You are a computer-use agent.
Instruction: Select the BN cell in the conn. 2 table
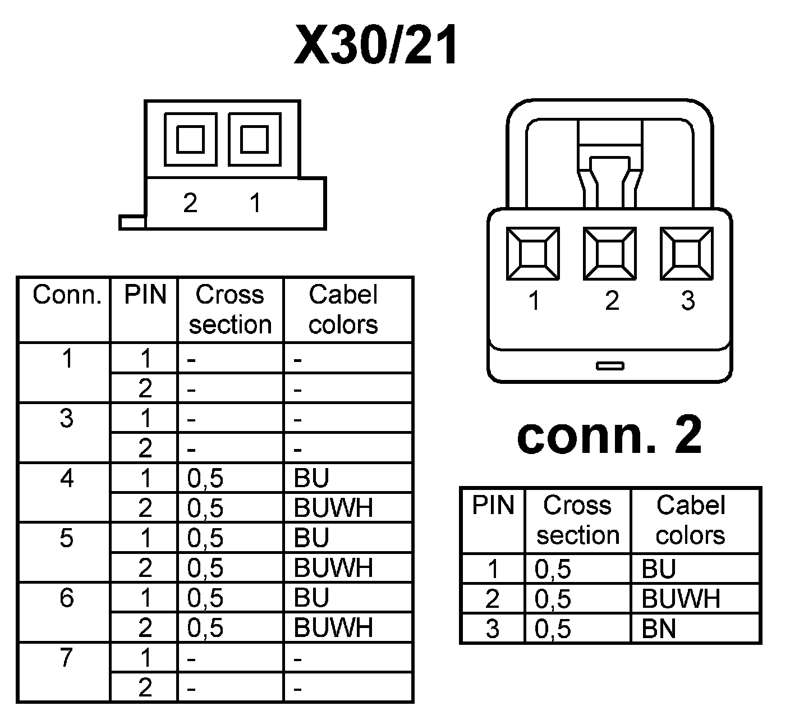[x=659, y=629]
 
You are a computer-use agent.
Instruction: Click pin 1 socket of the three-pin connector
[x=533, y=253]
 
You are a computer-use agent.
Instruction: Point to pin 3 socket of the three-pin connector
[x=687, y=253]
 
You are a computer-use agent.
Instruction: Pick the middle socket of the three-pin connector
[x=610, y=253]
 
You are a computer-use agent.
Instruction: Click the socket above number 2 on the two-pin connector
[x=190, y=139]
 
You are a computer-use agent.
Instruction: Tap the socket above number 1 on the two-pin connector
[x=254, y=139]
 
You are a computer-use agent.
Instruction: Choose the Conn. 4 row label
[x=67, y=478]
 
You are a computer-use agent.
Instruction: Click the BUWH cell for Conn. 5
[x=333, y=568]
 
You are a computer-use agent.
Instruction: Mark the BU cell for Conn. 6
[x=311, y=598]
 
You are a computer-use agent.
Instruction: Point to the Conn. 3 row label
[x=67, y=418]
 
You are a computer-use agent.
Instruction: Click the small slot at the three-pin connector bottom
[x=610, y=366]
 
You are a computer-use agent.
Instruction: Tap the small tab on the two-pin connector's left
[x=132, y=222]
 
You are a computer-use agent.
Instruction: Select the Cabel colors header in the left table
[x=343, y=310]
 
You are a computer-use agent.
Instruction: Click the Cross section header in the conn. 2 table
[x=577, y=520]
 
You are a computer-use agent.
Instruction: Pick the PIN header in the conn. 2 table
[x=493, y=506]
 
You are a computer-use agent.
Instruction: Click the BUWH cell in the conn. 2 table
[x=681, y=599]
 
